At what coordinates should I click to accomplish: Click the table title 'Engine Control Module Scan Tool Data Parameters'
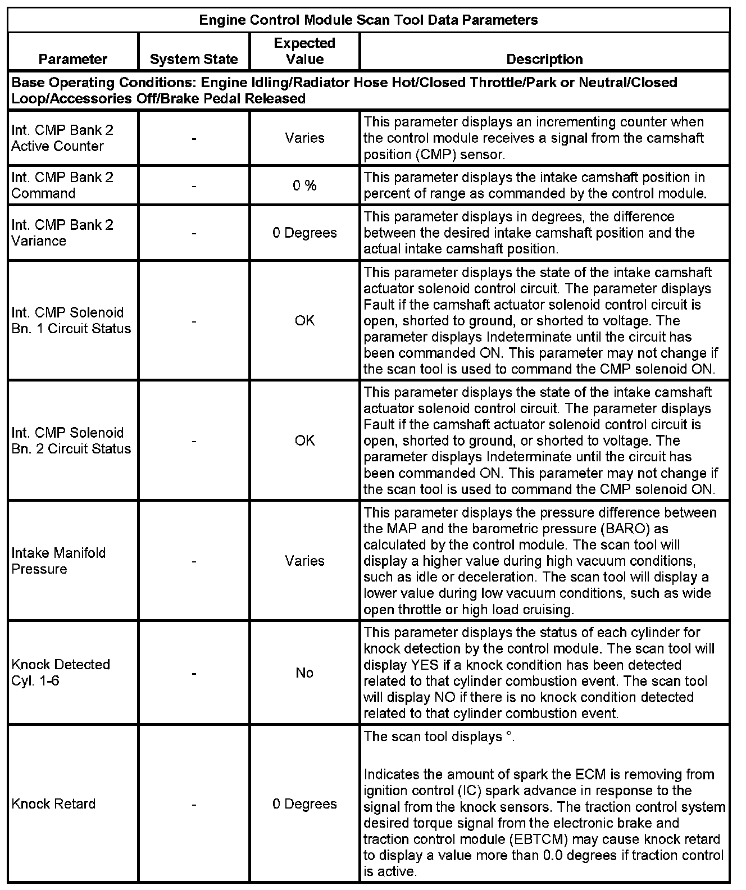369,20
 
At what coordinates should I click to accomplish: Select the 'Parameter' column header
73,59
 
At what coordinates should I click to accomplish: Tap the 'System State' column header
194,59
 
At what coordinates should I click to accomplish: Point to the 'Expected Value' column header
304,51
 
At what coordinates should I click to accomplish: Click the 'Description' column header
544,59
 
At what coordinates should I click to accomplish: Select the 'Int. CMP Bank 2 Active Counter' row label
62,138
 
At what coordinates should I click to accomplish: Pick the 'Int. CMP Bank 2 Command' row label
62,185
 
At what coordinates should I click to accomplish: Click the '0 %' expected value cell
304,185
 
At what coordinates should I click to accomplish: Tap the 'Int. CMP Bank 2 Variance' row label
62,233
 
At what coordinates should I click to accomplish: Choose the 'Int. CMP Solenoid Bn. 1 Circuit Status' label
71,320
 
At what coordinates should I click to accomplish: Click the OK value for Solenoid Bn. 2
304,441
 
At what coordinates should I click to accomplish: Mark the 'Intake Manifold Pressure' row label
58,561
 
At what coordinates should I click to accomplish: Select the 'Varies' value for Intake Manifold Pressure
304,561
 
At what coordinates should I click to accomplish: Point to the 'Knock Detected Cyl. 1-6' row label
61,673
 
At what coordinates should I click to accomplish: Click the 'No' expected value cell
304,673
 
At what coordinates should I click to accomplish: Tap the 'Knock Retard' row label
53,804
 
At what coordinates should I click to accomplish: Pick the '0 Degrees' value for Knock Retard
304,804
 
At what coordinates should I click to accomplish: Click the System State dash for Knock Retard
194,804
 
